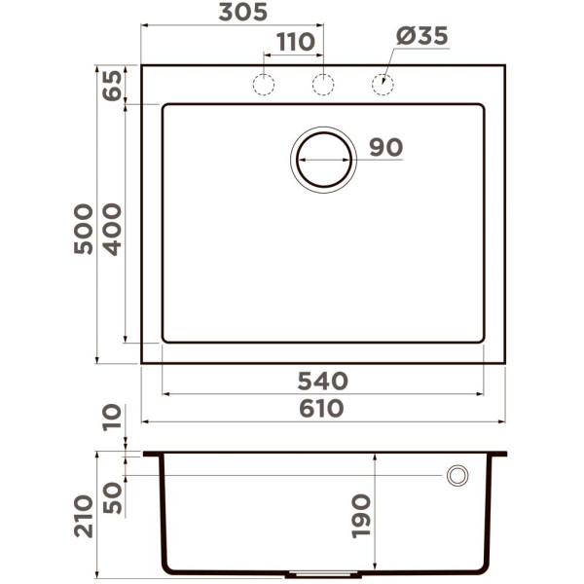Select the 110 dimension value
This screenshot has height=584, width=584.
click(295, 42)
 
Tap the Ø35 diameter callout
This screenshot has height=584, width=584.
click(421, 36)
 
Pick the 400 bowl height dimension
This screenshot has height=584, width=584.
click(112, 228)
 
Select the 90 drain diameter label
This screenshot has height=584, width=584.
click(385, 148)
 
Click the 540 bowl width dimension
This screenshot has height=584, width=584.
click(321, 381)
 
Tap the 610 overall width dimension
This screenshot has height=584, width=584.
click(321, 409)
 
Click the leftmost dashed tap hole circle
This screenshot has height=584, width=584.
click(263, 85)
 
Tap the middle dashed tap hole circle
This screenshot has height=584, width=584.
click(322, 85)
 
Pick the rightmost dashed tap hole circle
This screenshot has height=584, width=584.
click(383, 85)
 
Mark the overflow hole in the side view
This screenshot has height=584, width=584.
click(456, 475)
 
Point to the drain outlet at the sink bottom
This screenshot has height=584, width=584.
click(322, 573)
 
